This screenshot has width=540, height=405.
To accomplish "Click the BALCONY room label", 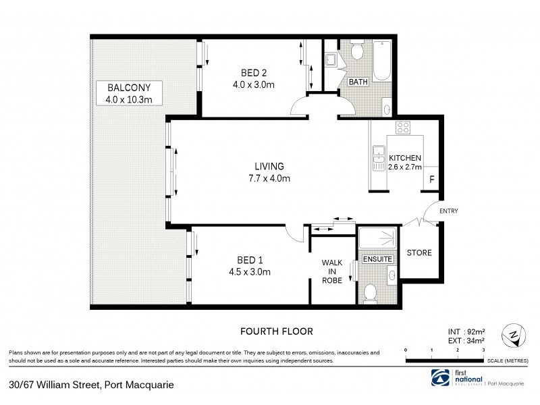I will click(128, 87).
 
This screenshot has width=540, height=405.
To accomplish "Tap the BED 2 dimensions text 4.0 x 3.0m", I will click(253, 85).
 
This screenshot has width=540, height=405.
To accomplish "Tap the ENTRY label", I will click(448, 211).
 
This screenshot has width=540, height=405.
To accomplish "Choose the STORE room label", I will click(418, 253).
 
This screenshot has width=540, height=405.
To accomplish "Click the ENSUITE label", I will click(376, 259).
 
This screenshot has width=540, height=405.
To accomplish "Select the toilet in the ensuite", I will click(369, 292).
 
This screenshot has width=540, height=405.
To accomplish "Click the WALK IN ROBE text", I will click(332, 271).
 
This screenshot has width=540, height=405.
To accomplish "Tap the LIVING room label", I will click(269, 167).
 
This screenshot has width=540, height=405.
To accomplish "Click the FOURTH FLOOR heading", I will click(277, 331).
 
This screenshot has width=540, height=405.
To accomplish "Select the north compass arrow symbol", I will click(514, 334).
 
